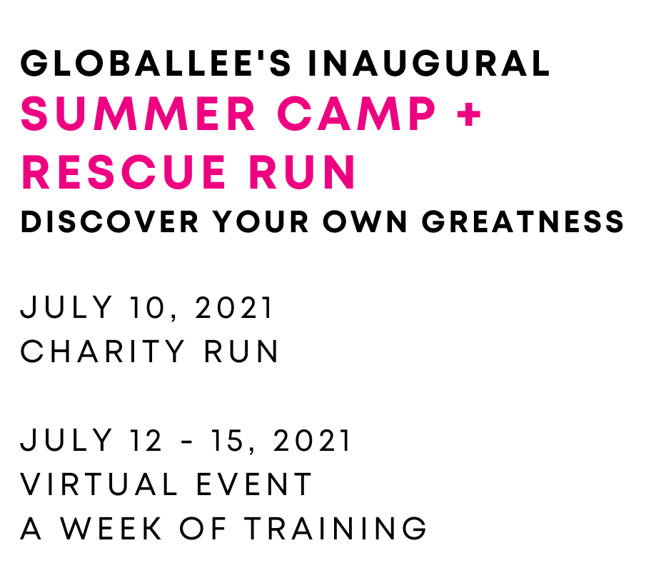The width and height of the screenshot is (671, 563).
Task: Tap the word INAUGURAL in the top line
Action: (428, 64)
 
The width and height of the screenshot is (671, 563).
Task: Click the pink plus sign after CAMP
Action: (468, 114)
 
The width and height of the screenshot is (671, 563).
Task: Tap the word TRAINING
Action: (335, 529)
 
